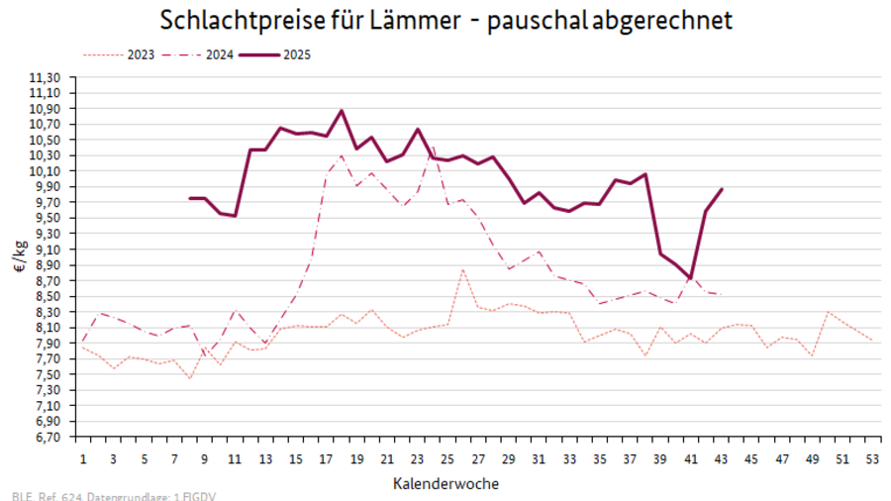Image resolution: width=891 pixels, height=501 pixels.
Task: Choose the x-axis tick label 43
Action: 722,459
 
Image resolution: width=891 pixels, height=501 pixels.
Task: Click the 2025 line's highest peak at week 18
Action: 342,111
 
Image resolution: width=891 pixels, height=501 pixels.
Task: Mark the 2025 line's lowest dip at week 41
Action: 691,279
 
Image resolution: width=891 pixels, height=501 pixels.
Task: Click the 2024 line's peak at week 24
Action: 433,148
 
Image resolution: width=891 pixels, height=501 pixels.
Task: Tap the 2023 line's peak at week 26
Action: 463,269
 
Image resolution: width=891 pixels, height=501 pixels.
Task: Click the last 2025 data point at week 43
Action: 722,189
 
